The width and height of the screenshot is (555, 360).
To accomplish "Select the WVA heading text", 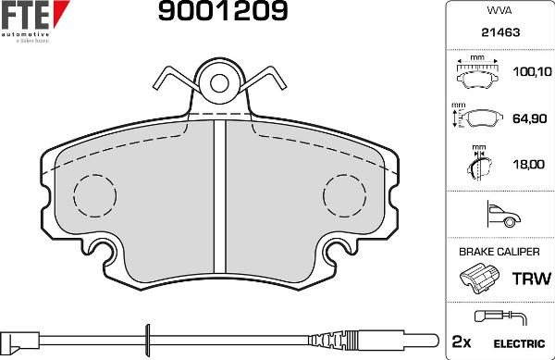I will pos(499,13).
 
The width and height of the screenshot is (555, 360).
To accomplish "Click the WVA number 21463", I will pos(499,32).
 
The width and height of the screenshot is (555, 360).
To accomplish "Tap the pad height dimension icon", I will pos(477,118).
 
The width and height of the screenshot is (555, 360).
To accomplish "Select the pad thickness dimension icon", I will pos(476,165).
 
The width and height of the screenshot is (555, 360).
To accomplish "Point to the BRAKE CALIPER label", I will pos(499,251).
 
